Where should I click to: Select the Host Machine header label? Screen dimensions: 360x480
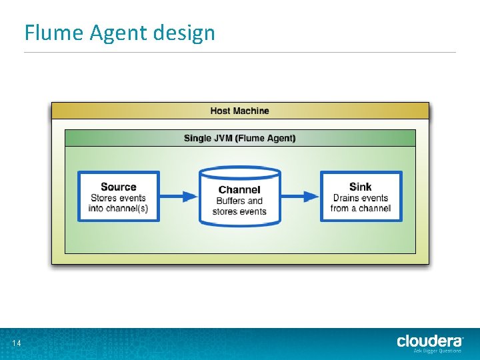coord(240,111)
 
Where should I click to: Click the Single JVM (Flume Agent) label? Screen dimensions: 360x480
coord(240,139)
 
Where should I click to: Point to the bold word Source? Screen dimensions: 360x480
coord(118,187)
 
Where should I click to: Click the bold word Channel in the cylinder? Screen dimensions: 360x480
coord(239,190)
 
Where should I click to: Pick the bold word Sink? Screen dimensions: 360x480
coord(360,187)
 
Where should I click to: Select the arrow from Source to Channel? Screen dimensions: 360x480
coord(179,197)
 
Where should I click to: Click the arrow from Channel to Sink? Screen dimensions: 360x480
coord(301,197)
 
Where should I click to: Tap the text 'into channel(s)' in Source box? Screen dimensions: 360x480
coord(118,209)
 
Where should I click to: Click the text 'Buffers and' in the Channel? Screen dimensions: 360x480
coord(239,201)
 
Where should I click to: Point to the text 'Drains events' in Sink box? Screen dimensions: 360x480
coord(360,198)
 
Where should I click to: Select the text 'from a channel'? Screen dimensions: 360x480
coord(360,209)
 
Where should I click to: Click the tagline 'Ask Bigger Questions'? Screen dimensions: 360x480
coord(437,351)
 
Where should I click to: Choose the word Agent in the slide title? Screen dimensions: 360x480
coord(113,33)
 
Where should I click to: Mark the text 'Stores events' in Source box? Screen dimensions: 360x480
coord(118,198)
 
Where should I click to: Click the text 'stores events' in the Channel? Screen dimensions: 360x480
coord(239,212)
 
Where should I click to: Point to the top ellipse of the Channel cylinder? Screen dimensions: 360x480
coord(240,173)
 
